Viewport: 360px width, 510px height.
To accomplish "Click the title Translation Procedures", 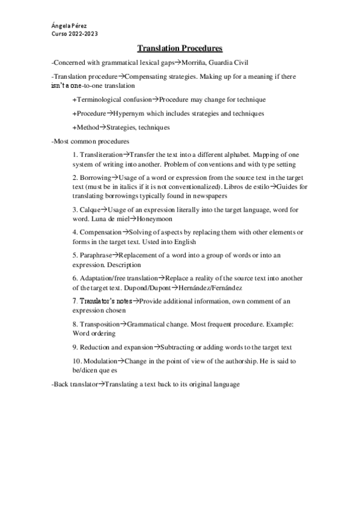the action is tap(180, 48).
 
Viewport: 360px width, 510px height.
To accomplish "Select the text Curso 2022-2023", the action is tap(75, 34).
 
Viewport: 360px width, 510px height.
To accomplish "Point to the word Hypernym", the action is tap(132, 113).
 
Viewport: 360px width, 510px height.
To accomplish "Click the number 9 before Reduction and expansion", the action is tap(74, 347).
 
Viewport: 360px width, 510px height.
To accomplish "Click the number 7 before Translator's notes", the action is tap(74, 301).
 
